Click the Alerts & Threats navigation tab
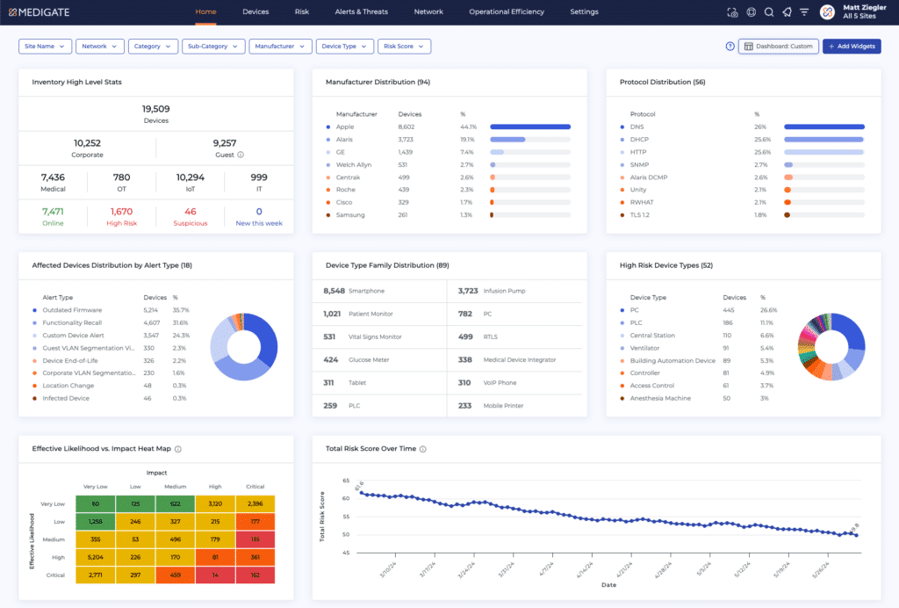click(361, 12)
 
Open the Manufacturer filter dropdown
click(280, 47)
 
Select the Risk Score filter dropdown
click(404, 47)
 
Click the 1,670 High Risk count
click(121, 212)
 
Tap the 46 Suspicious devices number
click(190, 212)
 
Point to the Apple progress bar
click(530, 127)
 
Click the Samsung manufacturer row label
click(350, 215)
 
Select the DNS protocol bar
click(824, 127)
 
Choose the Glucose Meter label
click(369, 359)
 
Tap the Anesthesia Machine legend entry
click(660, 398)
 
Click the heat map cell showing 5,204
click(96, 557)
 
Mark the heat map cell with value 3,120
click(215, 504)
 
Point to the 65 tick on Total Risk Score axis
click(346, 481)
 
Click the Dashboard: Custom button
click(779, 47)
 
